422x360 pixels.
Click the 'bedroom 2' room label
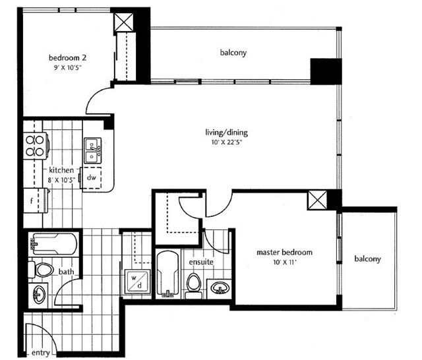tap(67, 58)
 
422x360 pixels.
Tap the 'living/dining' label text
tap(226, 133)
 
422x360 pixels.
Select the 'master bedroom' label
tap(284, 253)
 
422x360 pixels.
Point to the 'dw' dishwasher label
tap(92, 177)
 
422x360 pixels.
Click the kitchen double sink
tap(93, 151)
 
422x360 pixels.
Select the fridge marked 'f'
tap(36, 200)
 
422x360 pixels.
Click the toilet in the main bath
tap(41, 269)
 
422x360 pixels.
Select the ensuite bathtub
tap(167, 274)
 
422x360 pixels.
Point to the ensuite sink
tap(220, 288)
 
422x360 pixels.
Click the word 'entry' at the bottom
tap(41, 353)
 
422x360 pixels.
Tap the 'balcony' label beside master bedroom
tap(367, 259)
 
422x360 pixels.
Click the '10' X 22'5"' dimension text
tap(227, 142)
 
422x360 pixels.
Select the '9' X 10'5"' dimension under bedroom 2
tap(67, 67)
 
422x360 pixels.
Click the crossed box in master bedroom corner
tap(317, 200)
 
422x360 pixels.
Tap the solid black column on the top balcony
tap(326, 71)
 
